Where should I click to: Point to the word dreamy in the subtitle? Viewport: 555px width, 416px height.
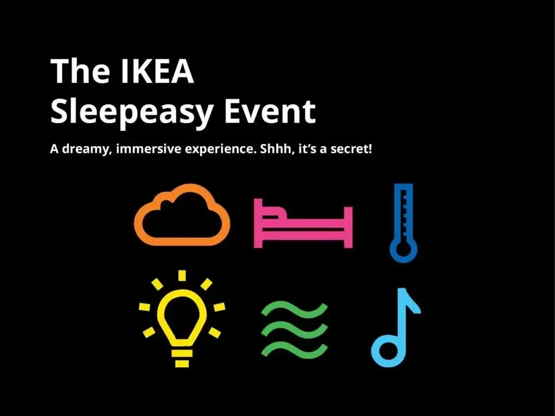click(87, 149)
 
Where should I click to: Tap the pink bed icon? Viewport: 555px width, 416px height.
click(304, 222)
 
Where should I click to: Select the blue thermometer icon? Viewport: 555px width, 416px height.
click(403, 222)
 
